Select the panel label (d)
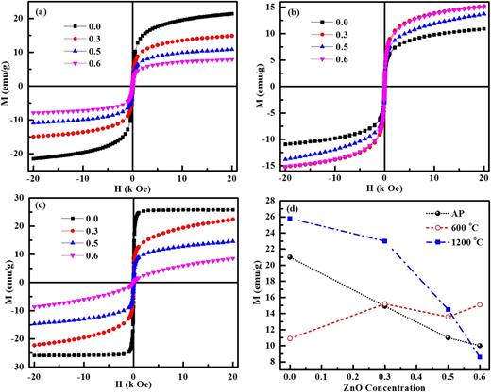click(293, 208)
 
